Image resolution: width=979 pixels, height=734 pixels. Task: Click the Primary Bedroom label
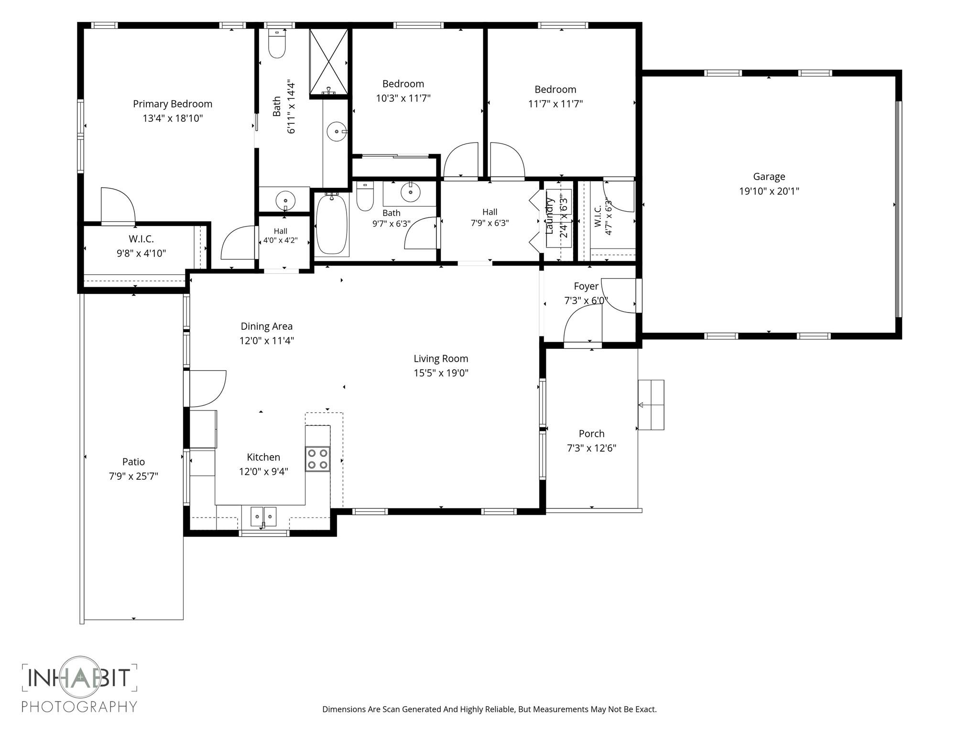[173, 104]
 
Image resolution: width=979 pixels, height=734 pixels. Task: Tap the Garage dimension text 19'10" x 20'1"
[769, 191]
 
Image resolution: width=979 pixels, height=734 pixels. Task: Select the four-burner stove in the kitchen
[318, 459]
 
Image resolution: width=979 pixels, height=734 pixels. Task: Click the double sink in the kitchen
[263, 517]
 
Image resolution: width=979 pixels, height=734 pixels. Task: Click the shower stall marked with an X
[329, 62]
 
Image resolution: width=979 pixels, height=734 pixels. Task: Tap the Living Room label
[441, 358]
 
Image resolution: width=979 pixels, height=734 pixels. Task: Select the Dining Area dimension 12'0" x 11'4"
[267, 341]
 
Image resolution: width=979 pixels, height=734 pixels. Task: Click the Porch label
[592, 433]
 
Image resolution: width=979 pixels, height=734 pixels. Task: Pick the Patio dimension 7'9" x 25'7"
[133, 476]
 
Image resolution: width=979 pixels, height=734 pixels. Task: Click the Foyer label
[586, 286]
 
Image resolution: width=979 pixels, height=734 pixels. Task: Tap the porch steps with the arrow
[651, 405]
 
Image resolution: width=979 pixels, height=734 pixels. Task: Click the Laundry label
[549, 216]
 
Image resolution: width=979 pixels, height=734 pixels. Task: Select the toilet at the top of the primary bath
[277, 44]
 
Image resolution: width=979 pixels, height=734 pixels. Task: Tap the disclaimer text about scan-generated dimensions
[489, 709]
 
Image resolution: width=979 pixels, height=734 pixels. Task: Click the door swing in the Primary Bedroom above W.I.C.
[118, 206]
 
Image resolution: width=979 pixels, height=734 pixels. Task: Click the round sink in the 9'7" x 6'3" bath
[410, 192]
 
